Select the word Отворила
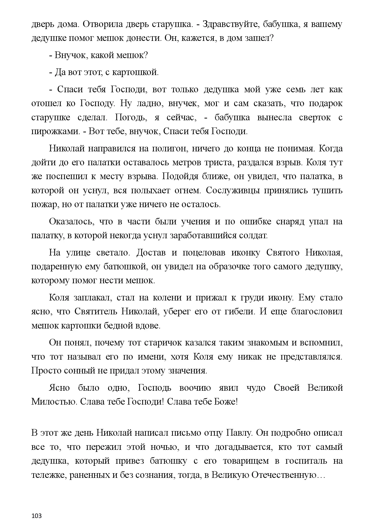pyautogui.click(x=104, y=24)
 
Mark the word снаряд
pyautogui.click(x=290, y=222)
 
